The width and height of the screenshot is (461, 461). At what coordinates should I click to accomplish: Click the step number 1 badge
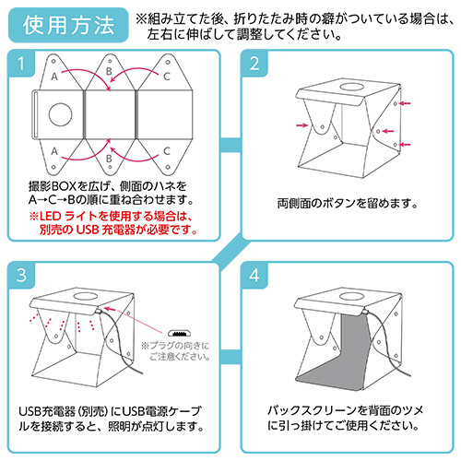(x=20, y=64)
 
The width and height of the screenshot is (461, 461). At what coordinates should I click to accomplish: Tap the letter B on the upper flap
(x=110, y=70)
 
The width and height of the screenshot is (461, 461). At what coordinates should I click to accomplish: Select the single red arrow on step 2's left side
(x=300, y=124)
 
